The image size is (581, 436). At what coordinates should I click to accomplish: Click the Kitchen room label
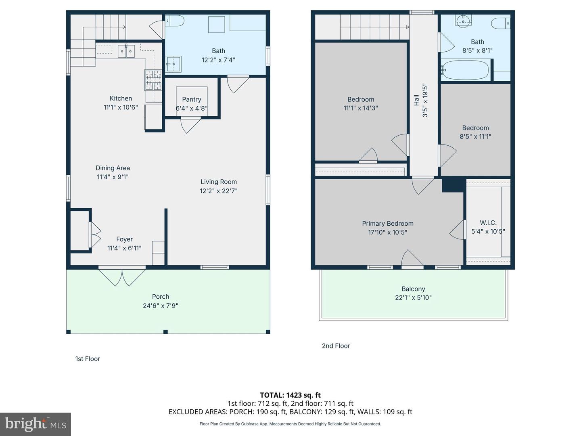pyautogui.click(x=121, y=98)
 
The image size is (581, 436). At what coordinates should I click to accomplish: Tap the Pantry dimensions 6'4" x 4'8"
pyautogui.click(x=192, y=108)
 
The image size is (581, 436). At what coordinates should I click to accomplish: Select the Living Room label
pyautogui.click(x=219, y=182)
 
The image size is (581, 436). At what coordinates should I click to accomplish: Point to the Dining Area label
pyautogui.click(x=113, y=168)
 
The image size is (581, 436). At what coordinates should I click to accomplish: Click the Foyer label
pyautogui.click(x=124, y=239)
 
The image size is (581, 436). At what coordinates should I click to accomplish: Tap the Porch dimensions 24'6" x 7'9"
pyautogui.click(x=161, y=306)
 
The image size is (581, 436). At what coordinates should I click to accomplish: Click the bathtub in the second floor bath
pyautogui.click(x=465, y=70)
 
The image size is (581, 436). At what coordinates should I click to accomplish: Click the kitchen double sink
pyautogui.click(x=126, y=51)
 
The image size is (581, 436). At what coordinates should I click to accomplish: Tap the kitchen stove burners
pyautogui.click(x=153, y=80)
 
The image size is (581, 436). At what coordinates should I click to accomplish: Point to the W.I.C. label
pyautogui.click(x=488, y=222)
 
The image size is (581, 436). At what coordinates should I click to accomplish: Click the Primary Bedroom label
pyautogui.click(x=388, y=223)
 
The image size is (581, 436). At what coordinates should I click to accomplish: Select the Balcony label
pyautogui.click(x=413, y=289)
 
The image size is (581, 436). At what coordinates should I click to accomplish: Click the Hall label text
pyautogui.click(x=416, y=100)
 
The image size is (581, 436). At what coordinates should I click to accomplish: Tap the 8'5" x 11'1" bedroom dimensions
pyautogui.click(x=475, y=136)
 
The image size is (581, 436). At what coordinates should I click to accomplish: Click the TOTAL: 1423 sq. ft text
pyautogui.click(x=290, y=395)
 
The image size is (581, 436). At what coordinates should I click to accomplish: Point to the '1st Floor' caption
pyautogui.click(x=88, y=358)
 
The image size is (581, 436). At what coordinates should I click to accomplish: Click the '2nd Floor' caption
pyautogui.click(x=336, y=346)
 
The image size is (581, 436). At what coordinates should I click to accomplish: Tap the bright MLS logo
pyautogui.click(x=36, y=424)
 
